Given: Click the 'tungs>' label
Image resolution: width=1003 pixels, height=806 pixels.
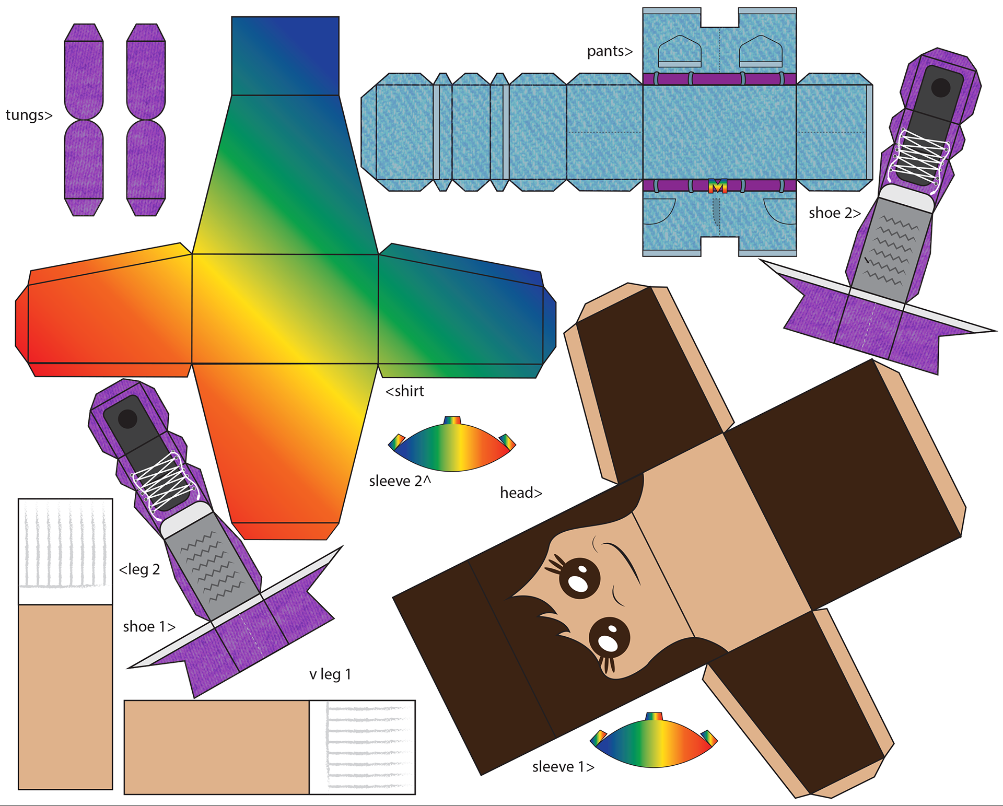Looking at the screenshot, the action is pos(29,115).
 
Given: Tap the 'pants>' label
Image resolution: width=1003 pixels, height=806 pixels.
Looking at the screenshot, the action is pos(609,51).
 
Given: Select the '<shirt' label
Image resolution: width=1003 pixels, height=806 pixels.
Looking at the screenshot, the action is pos(405,391).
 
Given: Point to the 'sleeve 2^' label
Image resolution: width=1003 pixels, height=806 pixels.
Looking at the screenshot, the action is pos(400,481).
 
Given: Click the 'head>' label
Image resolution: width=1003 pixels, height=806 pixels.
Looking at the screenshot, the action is pos(521,493).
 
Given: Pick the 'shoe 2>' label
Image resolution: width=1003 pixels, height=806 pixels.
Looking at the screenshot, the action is pos(834,213).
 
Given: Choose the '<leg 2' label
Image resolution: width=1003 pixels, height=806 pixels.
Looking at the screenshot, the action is pos(139,569).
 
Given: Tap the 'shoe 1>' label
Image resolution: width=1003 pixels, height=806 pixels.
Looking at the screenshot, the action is pos(149,626).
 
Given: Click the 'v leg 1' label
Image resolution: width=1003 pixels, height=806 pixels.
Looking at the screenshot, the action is pos(330,674).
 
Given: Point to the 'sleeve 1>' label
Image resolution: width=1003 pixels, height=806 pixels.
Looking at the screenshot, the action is pos(563,766).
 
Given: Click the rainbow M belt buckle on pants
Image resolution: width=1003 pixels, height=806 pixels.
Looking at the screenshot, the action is pos(718,186).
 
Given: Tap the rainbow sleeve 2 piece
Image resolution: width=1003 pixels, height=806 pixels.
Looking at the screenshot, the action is pos(452,447).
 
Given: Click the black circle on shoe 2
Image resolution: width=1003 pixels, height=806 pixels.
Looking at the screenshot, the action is pos(940,88).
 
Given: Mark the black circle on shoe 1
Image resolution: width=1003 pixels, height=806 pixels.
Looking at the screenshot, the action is pos(127,418).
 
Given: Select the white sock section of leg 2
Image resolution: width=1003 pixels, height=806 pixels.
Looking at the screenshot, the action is pos(65,551).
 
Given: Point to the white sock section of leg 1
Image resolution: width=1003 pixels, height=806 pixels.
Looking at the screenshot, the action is pos(362,747).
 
